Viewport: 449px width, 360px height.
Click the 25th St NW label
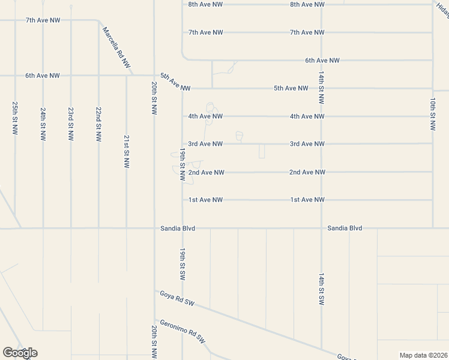(x=15, y=118)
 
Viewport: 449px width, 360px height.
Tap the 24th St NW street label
(x=43, y=124)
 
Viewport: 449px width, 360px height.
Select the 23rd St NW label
(x=71, y=124)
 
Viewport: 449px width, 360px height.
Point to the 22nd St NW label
(x=98, y=124)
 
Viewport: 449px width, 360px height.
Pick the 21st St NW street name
(x=126, y=151)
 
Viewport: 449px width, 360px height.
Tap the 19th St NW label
(x=182, y=163)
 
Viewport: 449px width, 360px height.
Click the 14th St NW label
(x=322, y=88)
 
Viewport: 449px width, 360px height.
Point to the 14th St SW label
(x=322, y=290)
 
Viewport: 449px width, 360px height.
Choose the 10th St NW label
(x=433, y=114)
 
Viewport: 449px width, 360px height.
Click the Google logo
(x=20, y=353)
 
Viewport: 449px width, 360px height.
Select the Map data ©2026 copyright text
(x=423, y=355)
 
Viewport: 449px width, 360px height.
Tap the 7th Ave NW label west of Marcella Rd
(x=43, y=20)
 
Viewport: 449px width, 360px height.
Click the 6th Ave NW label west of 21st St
(x=42, y=76)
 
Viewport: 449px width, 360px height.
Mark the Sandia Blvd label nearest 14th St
(x=345, y=228)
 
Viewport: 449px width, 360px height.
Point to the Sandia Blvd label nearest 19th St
(x=178, y=228)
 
